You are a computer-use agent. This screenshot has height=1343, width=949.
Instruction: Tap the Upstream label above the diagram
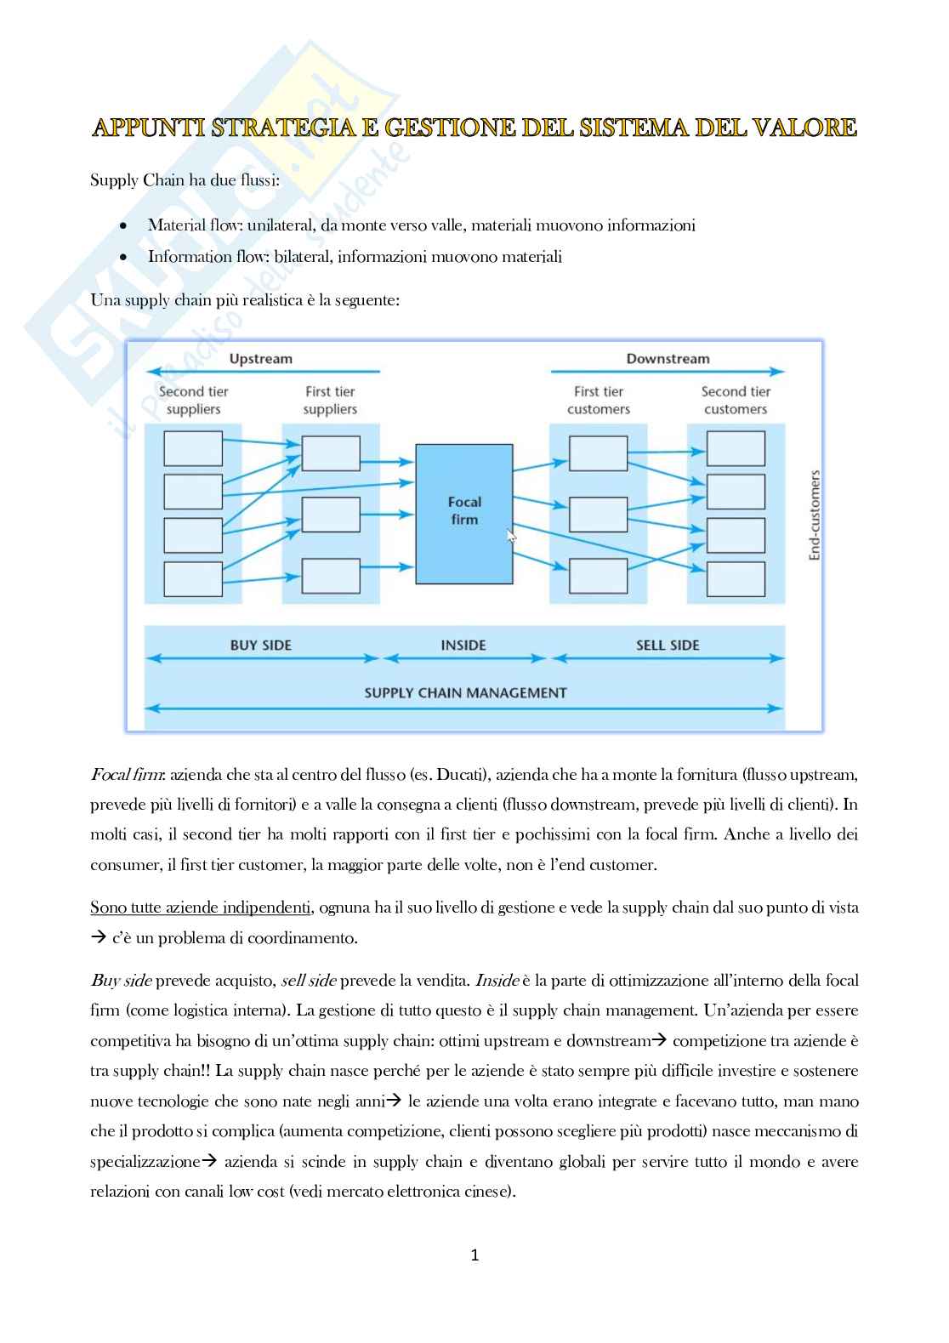tap(260, 359)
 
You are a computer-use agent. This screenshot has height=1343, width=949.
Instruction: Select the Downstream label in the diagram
tap(668, 359)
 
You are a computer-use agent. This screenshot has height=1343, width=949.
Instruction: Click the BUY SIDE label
tap(260, 646)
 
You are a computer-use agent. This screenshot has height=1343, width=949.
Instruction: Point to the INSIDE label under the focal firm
tap(463, 646)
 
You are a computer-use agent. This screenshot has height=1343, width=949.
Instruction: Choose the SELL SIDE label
tap(668, 646)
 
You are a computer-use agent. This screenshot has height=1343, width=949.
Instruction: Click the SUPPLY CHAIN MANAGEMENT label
tap(465, 692)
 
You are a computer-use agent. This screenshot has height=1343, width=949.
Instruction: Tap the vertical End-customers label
tap(815, 515)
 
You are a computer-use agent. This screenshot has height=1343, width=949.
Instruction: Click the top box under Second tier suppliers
tap(193, 448)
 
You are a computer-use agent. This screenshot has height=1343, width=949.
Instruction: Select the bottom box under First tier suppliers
tap(331, 576)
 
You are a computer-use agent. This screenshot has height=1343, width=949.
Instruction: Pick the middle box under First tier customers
tap(599, 515)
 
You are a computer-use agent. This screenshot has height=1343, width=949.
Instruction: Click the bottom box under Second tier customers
tap(736, 579)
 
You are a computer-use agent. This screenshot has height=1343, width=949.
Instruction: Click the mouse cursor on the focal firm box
tap(511, 536)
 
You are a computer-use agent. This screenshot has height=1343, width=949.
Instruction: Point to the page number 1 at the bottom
tap(474, 1255)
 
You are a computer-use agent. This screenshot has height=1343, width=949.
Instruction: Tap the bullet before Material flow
tap(125, 226)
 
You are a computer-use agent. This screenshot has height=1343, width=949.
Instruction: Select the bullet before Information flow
tap(125, 257)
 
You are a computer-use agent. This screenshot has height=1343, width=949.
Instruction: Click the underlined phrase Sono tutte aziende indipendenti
tap(202, 908)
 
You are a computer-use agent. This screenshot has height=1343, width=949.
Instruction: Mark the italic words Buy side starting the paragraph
tap(121, 980)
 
